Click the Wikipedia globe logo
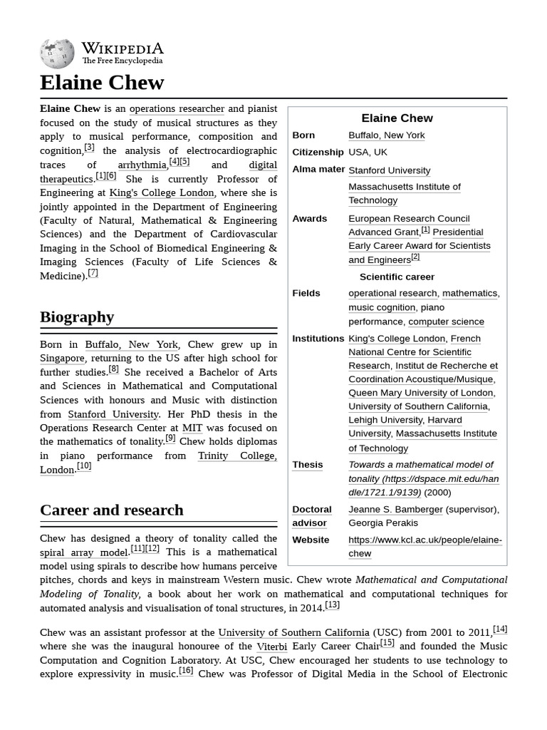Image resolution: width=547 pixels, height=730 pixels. coord(57,53)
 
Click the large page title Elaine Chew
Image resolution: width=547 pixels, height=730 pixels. coord(102,83)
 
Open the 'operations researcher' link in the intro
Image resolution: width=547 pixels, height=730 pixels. coord(177,108)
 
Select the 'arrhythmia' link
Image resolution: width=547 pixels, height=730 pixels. coord(142,165)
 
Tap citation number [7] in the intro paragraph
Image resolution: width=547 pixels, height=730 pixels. coord(93,274)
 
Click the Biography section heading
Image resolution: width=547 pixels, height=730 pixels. coord(77,317)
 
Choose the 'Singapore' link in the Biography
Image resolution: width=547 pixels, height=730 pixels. coord(62,358)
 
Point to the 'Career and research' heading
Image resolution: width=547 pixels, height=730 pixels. coord(112,510)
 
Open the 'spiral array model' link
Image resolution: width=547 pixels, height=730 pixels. coord(84,552)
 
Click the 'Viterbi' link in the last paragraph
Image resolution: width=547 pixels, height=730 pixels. coord(272,646)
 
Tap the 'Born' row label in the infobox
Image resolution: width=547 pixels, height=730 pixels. coord(303,135)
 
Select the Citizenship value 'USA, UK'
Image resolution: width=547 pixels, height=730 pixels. coord(368,152)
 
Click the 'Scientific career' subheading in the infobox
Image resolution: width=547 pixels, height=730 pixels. coord(397,277)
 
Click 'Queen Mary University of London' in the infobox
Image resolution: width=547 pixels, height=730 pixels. coord(420,393)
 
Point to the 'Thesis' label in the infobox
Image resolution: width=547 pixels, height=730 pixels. coord(307,465)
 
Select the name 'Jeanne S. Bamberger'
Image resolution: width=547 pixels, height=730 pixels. coord(395,509)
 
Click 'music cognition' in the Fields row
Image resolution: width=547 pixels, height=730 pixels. coord(382,307)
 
